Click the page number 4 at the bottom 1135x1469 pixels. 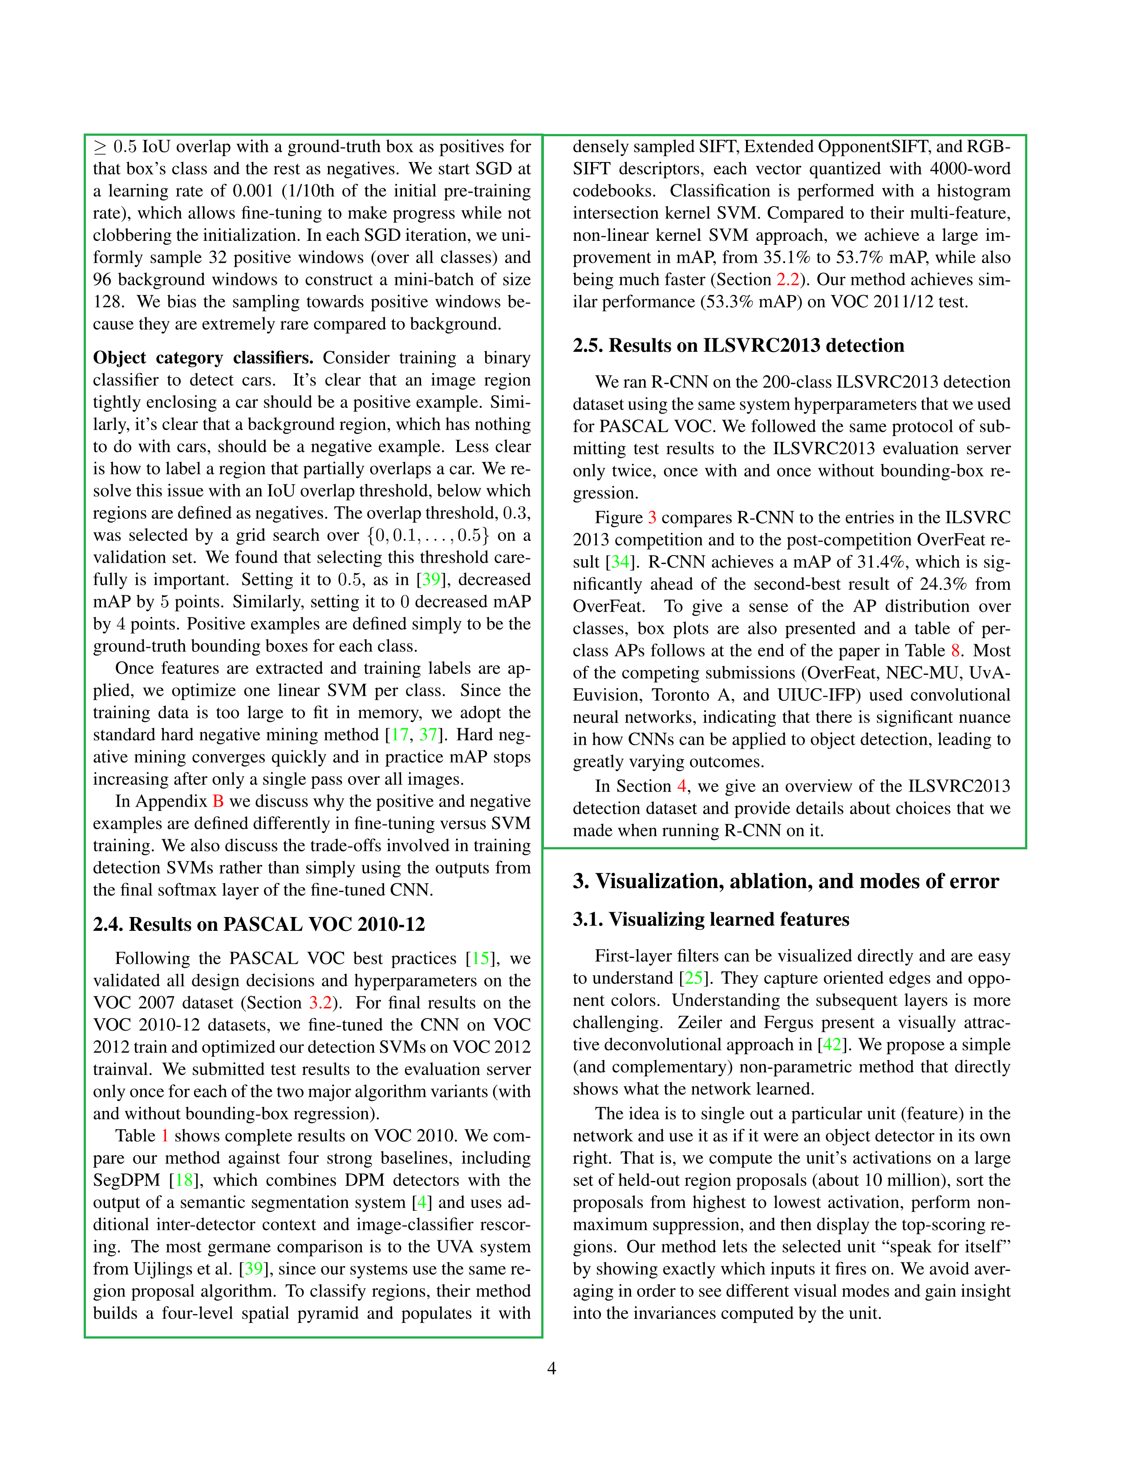[x=551, y=1368]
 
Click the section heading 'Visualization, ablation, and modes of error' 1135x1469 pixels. [x=785, y=881]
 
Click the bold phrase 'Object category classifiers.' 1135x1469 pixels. [x=203, y=358]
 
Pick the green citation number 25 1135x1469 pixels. [x=693, y=978]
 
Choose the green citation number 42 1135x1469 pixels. [x=832, y=1045]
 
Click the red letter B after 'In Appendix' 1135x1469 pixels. [x=218, y=801]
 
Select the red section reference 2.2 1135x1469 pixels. [x=788, y=280]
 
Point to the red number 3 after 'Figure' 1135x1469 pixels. [x=652, y=517]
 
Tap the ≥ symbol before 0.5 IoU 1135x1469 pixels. [x=100, y=147]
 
